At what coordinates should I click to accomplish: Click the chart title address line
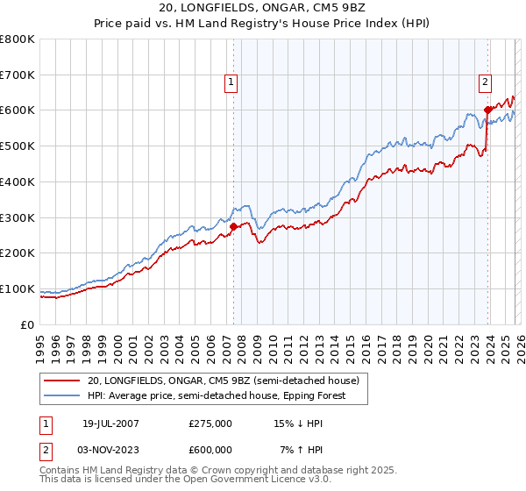coord(263,8)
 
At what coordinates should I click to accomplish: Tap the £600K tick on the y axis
coord(18,110)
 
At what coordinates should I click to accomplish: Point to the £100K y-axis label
coord(18,288)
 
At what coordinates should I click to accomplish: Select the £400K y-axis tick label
coord(18,181)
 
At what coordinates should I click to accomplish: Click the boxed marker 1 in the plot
coord(231,82)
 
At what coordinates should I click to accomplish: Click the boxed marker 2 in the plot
coord(484,82)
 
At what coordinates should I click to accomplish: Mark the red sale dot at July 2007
coord(234,226)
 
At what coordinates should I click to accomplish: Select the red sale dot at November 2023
coord(487,110)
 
